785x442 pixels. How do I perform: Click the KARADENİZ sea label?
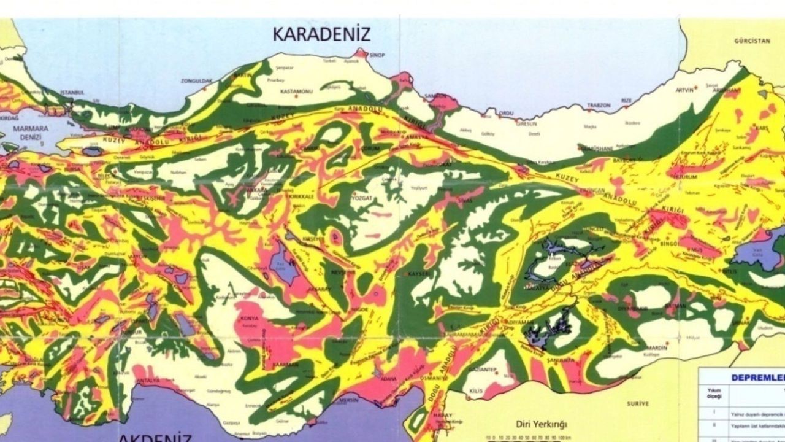tap(321, 33)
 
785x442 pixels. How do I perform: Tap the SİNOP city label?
tap(377, 55)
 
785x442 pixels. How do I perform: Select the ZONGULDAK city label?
tap(196, 80)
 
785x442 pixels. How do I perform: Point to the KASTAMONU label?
tap(296, 91)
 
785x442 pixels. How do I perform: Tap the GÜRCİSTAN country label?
tap(751, 41)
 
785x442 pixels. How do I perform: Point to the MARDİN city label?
tap(656, 347)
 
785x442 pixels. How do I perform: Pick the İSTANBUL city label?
tap(72, 93)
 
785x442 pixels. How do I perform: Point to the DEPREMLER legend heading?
tap(757, 378)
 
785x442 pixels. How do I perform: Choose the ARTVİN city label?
tap(684, 90)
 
